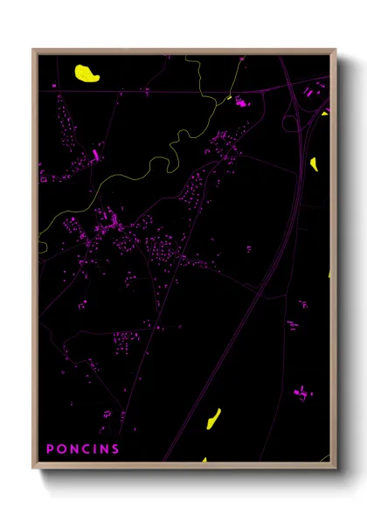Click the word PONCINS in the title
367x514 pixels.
[83, 449]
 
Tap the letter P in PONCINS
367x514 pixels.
[50, 449]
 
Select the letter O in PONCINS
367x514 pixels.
[61, 449]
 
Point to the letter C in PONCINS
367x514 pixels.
[86, 449]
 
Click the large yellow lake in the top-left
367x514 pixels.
[87, 73]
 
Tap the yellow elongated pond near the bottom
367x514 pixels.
[212, 420]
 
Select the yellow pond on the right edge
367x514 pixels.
[314, 163]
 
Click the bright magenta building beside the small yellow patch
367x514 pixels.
[240, 103]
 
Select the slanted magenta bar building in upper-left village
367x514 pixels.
[96, 156]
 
